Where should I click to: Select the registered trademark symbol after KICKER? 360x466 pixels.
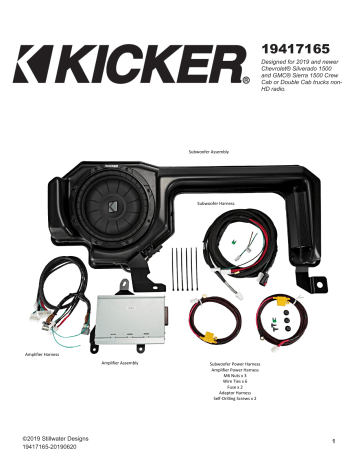246,79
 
